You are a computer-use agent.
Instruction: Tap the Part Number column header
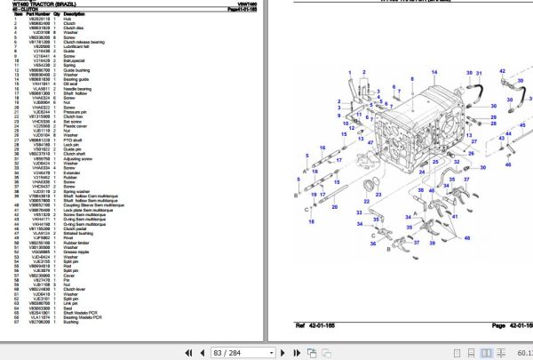point(39,14)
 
